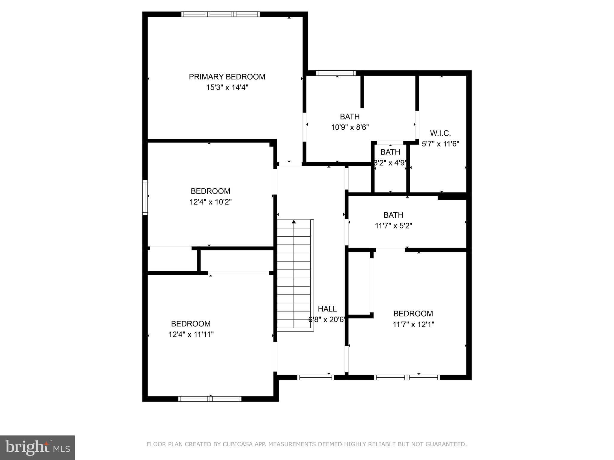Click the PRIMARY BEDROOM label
227,77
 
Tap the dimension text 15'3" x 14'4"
227,88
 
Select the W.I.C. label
440,133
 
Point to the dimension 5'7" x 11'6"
440,144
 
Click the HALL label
327,309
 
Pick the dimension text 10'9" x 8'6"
350,127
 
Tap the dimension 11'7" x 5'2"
393,226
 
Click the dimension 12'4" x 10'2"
210,202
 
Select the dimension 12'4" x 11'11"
191,335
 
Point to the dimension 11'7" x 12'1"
413,324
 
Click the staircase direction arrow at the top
294,222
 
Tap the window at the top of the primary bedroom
220,14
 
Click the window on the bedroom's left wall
145,197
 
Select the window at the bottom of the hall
315,378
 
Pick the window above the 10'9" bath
335,73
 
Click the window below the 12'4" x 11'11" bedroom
210,399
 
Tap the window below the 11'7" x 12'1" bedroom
407,378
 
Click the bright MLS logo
37,447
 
